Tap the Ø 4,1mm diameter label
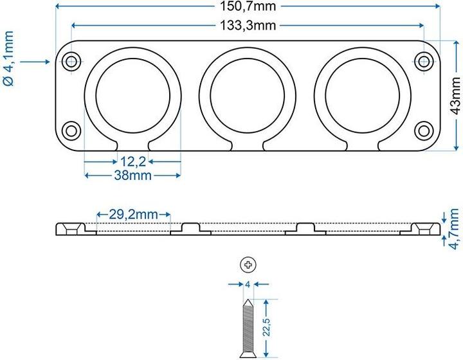tap(10, 61)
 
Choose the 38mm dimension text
tap(132, 175)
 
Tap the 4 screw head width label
tap(248, 283)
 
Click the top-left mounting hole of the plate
tap(71, 62)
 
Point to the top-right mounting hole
tap(423, 62)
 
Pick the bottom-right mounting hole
tap(423, 130)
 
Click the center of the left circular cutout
tap(133, 96)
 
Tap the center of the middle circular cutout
tap(247, 96)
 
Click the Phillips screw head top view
tap(248, 264)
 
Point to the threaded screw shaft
tap(248, 328)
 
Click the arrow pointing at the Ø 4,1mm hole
tap(35, 62)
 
